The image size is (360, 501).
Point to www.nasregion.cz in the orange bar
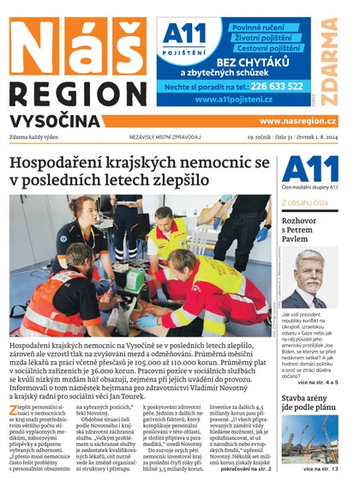[297, 122]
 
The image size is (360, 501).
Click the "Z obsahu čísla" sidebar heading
[303, 202]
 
